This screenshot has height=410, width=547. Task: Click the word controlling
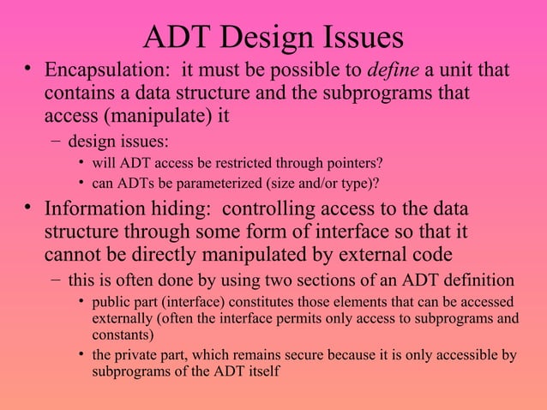coord(276,209)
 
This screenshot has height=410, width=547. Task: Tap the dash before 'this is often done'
coord(55,280)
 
